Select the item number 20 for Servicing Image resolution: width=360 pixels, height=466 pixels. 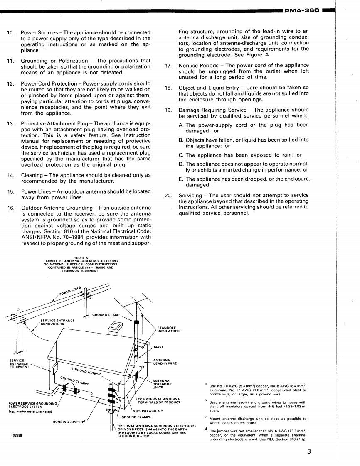point(168,196)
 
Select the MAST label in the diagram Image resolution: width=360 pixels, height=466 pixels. point(158,347)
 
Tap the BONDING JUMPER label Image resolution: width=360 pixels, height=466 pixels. point(69,422)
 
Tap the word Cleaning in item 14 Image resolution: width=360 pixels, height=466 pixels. point(32,174)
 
